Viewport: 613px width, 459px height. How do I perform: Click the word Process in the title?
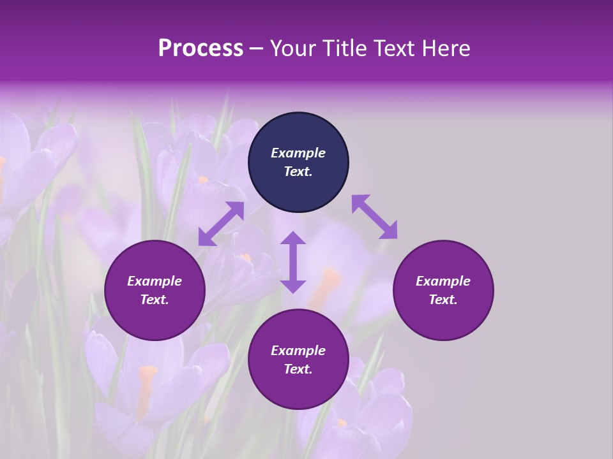tap(201, 48)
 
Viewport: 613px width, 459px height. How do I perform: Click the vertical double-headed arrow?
tap(293, 262)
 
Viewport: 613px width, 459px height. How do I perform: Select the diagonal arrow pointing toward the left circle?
tap(221, 224)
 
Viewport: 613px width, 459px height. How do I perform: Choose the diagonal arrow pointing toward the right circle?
tap(374, 217)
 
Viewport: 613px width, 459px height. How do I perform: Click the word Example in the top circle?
tap(298, 153)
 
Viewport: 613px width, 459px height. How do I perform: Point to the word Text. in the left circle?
tap(155, 300)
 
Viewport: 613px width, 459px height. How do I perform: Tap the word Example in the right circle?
tap(443, 281)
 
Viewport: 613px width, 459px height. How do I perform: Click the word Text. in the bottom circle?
tap(298, 369)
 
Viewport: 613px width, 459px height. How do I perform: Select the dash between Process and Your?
tap(256, 48)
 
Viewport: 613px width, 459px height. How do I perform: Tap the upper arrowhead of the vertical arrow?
tap(293, 240)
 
